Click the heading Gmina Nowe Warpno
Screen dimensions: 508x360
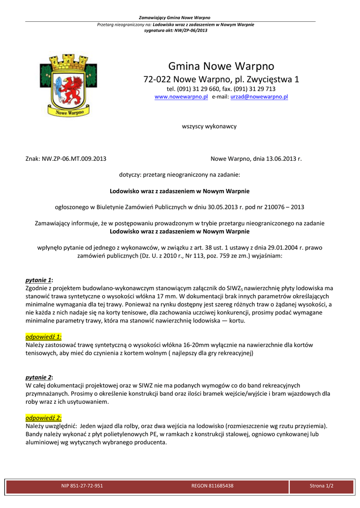[x=221, y=66]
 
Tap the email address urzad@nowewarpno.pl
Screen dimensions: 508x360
[x=259, y=97]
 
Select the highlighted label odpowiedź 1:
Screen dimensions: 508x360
[x=44, y=336]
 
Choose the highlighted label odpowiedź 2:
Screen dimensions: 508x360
[x=44, y=418]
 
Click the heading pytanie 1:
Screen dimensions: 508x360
[x=39, y=280]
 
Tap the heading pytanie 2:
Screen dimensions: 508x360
[x=39, y=378]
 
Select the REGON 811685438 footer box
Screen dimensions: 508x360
[x=212, y=486]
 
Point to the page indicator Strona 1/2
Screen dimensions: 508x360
[x=321, y=486]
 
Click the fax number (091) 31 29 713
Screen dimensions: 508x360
[x=254, y=89]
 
